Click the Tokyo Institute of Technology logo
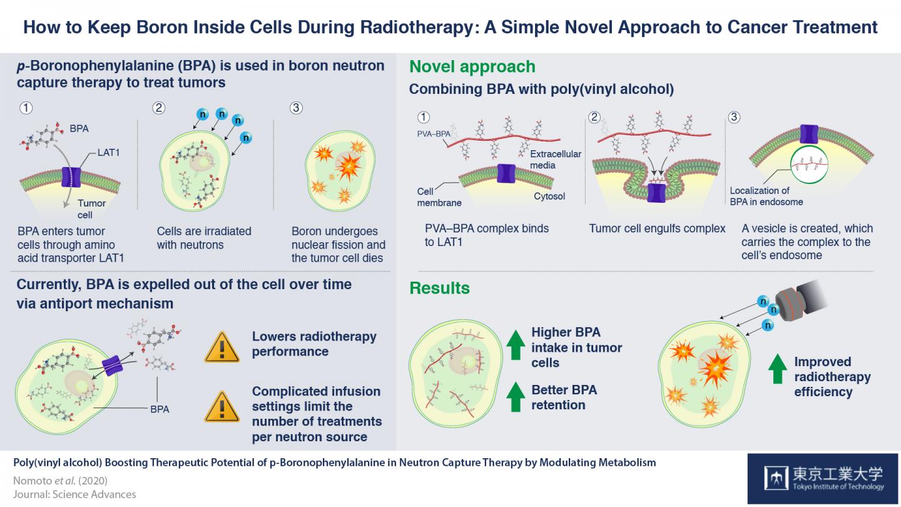(x=824, y=479)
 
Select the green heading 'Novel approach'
(x=472, y=67)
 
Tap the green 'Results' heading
(x=439, y=288)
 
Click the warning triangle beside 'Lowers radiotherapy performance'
(x=221, y=347)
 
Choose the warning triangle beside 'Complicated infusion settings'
(x=221, y=406)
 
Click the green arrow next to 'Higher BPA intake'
(x=515, y=346)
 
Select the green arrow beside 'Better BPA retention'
(x=515, y=398)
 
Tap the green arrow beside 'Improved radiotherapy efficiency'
(x=777, y=369)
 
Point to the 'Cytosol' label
(x=550, y=196)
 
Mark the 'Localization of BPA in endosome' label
(x=766, y=196)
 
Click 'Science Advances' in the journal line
(x=94, y=494)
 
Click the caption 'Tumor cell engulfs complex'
(x=656, y=228)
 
